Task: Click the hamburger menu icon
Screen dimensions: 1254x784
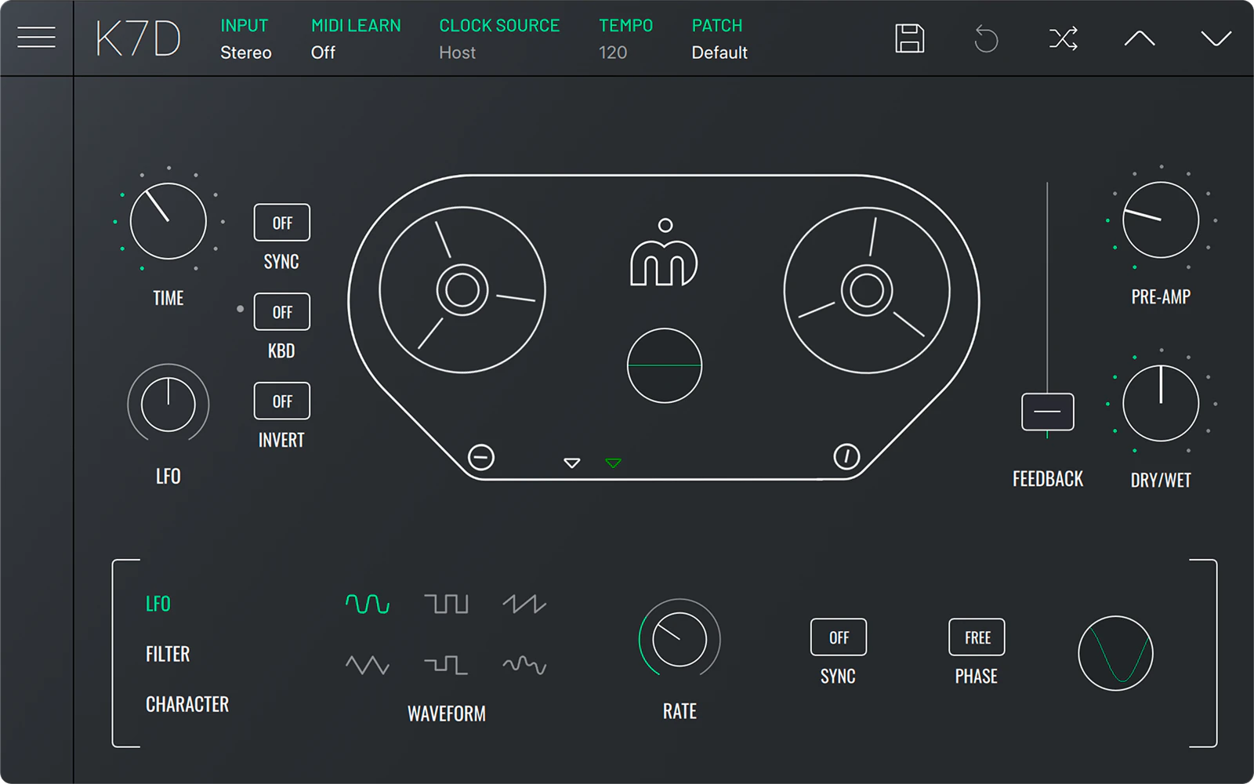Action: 36,38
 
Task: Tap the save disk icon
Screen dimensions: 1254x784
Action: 910,38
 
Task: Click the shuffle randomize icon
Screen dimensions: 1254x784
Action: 1063,38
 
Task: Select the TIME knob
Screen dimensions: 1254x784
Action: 169,221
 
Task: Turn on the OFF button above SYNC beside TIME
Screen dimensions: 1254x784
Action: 281,223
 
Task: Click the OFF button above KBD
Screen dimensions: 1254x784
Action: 281,311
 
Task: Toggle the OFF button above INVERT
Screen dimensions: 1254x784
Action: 281,401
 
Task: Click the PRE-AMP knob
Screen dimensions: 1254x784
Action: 1161,220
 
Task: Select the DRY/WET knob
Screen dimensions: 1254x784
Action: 1161,403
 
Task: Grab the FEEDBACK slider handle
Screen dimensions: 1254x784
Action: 1047,412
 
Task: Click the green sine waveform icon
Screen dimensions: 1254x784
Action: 368,604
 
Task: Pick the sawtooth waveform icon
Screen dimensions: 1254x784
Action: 524,604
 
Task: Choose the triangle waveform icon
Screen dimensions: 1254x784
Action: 368,665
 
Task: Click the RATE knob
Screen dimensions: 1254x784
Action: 680,639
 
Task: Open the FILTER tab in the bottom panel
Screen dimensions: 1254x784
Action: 168,654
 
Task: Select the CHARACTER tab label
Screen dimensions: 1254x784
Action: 187,704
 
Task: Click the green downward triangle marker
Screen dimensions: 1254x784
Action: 613,463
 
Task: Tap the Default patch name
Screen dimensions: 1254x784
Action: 719,53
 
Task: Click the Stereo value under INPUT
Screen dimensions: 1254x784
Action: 246,53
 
